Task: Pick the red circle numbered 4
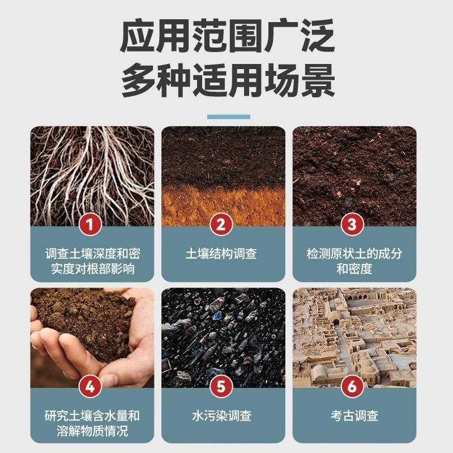[x=92, y=387]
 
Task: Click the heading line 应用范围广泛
[x=226, y=37]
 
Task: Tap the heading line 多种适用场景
[x=226, y=80]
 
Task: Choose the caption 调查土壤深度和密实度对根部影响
[x=92, y=260]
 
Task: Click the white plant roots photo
[x=92, y=170]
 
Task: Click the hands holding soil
[x=91, y=340]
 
